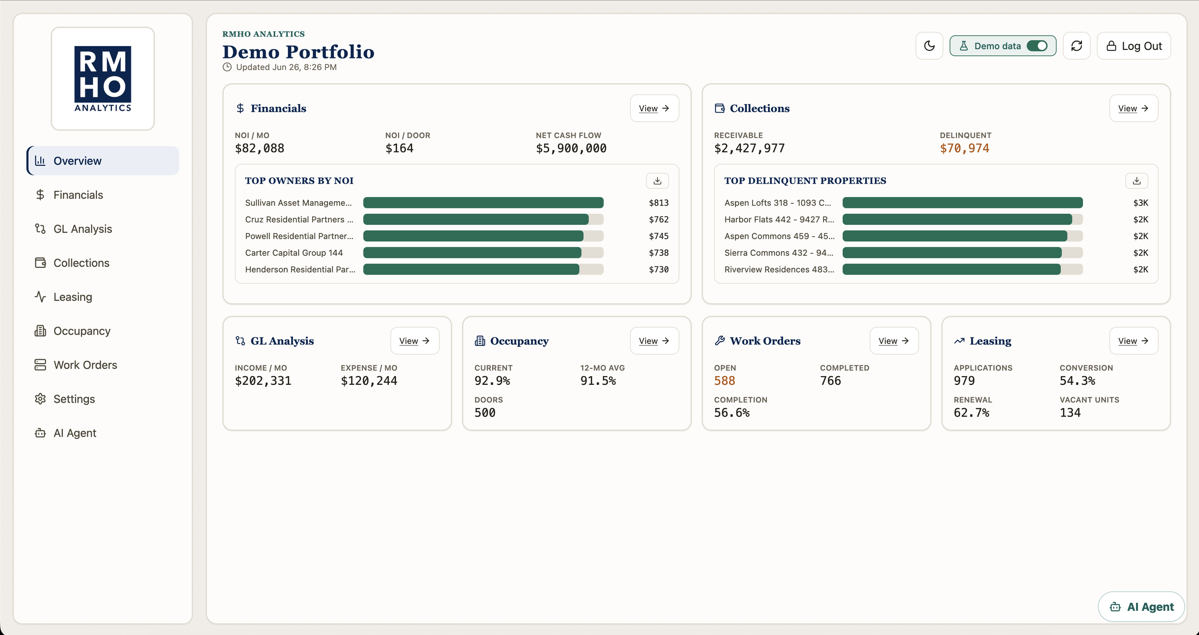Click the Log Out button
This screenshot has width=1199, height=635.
(x=1134, y=46)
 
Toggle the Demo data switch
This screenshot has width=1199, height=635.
(x=1037, y=46)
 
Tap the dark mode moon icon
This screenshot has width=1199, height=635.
(x=929, y=46)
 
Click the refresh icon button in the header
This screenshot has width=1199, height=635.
(x=1076, y=46)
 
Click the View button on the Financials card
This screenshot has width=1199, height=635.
(x=654, y=108)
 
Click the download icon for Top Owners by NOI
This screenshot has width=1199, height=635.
(x=657, y=181)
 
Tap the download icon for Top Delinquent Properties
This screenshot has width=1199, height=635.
(x=1136, y=181)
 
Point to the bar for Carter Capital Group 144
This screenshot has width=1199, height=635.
(x=472, y=253)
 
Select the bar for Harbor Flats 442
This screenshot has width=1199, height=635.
(x=957, y=219)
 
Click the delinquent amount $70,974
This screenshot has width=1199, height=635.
(x=964, y=149)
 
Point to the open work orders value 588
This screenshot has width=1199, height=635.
(x=724, y=381)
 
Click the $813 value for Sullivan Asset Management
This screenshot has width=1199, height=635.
(x=658, y=203)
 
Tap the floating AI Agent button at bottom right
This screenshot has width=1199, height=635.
(x=1141, y=607)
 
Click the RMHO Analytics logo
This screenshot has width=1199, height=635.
(x=103, y=79)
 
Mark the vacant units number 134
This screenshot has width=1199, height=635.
(x=1070, y=413)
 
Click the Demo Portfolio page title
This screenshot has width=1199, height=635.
(x=298, y=52)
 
